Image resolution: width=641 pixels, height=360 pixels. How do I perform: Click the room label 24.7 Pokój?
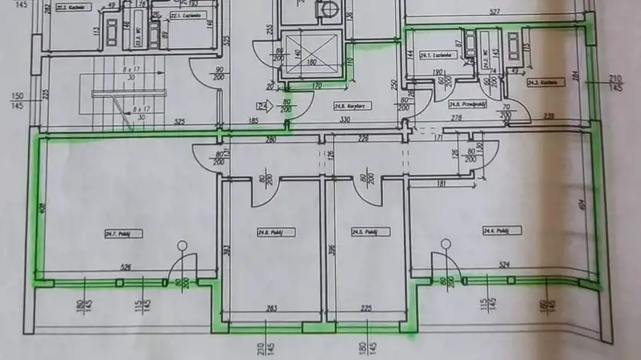pos(118,233)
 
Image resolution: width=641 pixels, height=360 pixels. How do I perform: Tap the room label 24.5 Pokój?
pos(365,232)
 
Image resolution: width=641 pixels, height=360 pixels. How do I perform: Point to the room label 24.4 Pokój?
pos(497,230)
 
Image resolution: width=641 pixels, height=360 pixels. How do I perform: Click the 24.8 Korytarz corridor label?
pos(345,105)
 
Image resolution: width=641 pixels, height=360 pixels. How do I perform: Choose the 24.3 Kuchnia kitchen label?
pos(541,82)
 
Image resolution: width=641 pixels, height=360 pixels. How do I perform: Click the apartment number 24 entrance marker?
pos(261,104)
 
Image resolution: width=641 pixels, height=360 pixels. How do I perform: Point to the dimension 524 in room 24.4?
pos(503,264)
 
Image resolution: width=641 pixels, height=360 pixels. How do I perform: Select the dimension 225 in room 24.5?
pos(366,307)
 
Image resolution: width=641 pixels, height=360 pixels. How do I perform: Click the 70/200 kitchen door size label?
pos(506,111)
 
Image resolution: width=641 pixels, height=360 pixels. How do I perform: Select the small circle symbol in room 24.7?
pos(183,245)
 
